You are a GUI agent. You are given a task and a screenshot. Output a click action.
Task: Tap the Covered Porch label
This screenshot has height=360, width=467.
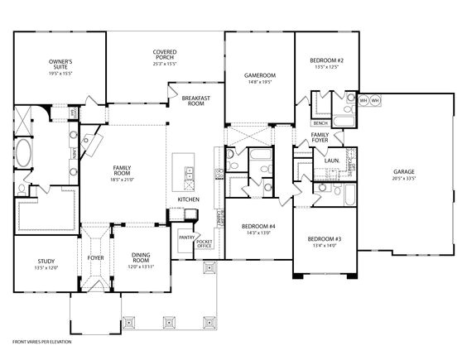click(x=163, y=55)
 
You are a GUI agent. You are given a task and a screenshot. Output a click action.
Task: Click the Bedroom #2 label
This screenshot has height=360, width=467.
click(x=326, y=60)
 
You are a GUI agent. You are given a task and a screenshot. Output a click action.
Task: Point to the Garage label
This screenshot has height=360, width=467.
click(x=403, y=172)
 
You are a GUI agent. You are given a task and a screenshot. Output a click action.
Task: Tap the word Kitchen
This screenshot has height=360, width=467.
click(x=188, y=199)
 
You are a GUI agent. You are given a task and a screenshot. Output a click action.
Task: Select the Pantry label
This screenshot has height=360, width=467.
click(x=185, y=238)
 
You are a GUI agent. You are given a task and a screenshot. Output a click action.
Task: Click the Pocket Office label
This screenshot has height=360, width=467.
click(x=205, y=244)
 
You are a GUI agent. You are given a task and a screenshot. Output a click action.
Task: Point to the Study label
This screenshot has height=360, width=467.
click(x=46, y=261)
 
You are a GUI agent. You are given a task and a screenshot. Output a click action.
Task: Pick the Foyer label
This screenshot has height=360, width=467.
click(x=95, y=257)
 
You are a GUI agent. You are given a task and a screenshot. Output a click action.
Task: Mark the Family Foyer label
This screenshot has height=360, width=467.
click(x=320, y=137)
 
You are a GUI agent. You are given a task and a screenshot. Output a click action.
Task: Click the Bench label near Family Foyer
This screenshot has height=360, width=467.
click(x=320, y=122)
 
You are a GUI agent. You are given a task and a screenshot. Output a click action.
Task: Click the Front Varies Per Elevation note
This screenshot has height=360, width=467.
click(x=42, y=341)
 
